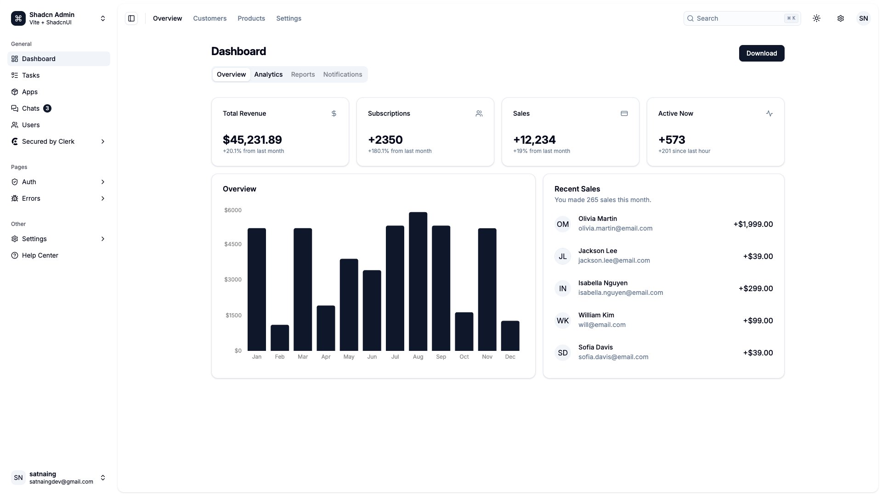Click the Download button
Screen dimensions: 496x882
(x=761, y=53)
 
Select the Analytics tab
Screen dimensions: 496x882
(x=268, y=74)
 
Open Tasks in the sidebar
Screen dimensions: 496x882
(x=31, y=75)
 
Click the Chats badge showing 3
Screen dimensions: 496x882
(x=47, y=108)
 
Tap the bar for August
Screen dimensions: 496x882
(x=418, y=281)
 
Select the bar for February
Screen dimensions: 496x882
(x=279, y=338)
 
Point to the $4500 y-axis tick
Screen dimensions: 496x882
(x=232, y=244)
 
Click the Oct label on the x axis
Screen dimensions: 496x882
(x=464, y=357)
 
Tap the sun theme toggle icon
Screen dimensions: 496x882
(x=816, y=18)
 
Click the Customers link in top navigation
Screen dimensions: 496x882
(x=209, y=18)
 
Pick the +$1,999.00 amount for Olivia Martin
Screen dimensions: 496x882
(x=753, y=224)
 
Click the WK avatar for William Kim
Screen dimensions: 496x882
(x=562, y=321)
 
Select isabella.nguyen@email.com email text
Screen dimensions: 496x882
(x=620, y=293)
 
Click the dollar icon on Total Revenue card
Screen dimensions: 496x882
(x=334, y=113)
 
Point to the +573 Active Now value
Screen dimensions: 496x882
(x=672, y=140)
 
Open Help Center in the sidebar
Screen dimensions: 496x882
(x=40, y=255)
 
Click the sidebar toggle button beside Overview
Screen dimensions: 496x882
(x=131, y=18)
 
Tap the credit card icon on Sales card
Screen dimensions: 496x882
(x=624, y=113)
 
